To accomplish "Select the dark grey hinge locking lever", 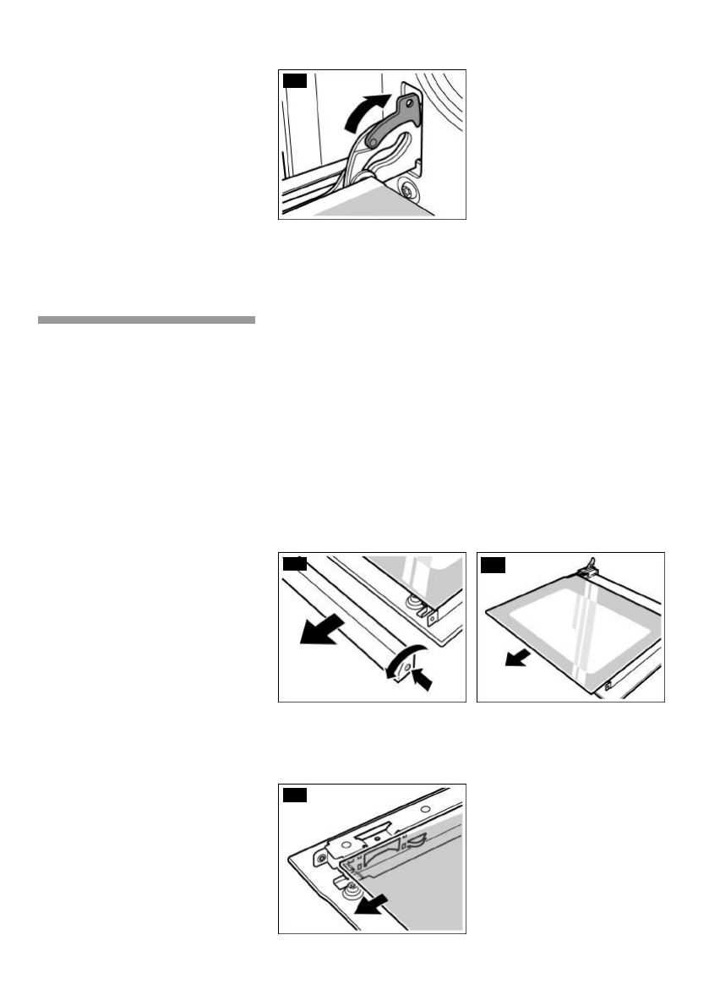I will pyautogui.click(x=388, y=128).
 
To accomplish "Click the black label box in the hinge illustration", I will pyautogui.click(x=293, y=81).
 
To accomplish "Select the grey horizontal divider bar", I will pyautogui.click(x=145, y=320).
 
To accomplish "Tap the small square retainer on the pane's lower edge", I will pyautogui.click(x=607, y=685).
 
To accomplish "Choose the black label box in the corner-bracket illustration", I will pyautogui.click(x=293, y=794).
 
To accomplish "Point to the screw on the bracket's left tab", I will pyautogui.click(x=322, y=857).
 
